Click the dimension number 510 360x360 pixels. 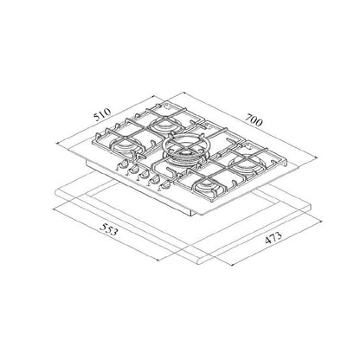(102, 113)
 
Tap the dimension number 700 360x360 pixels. (254, 119)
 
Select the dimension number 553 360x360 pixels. (108, 229)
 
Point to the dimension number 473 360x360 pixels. (273, 238)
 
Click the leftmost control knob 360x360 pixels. (123, 164)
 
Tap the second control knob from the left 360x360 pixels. (133, 170)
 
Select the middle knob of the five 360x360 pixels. (144, 175)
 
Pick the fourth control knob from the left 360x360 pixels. (154, 180)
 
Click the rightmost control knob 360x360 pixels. (164, 185)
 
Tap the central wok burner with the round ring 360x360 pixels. (184, 151)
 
